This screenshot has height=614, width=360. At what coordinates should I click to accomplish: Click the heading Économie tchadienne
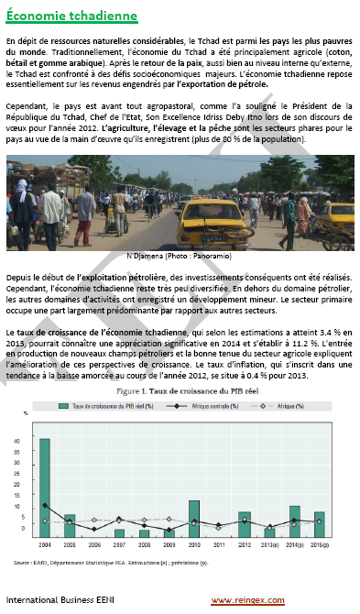71,17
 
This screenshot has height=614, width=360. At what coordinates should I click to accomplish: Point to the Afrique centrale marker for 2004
45,505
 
